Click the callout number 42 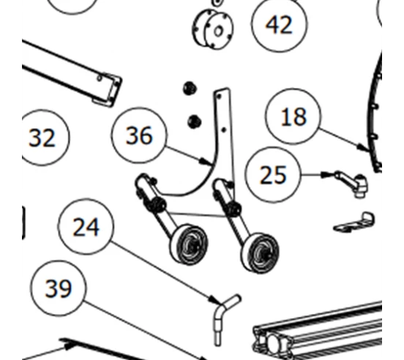click(280, 24)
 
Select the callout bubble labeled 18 click(293, 116)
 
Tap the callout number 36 click(139, 135)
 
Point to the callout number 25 click(273, 175)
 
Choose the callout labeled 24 click(86, 227)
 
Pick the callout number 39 click(59, 288)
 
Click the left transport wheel click(189, 244)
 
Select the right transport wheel click(260, 253)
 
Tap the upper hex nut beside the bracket click(190, 89)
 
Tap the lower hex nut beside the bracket click(195, 121)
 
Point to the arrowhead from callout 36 click(207, 162)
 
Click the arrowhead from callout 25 click(328, 175)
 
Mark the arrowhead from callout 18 click(364, 148)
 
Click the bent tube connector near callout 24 click(225, 319)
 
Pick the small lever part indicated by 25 click(352, 183)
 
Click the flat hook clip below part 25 click(355, 222)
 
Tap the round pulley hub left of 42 click(213, 29)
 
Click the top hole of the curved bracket click(219, 97)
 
